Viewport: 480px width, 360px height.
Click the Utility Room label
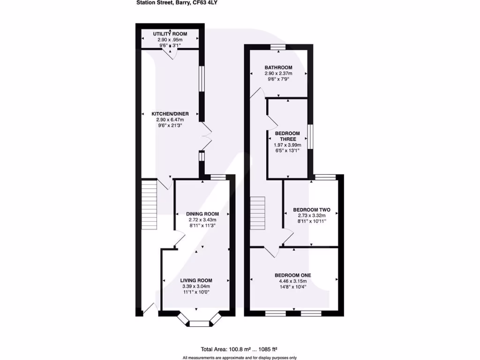tap(170, 34)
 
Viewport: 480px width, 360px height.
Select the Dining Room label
tap(202, 214)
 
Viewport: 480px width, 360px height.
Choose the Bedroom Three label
tap(287, 136)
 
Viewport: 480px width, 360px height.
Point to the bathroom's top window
tap(278, 46)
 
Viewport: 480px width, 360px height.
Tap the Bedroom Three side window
tap(310, 136)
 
